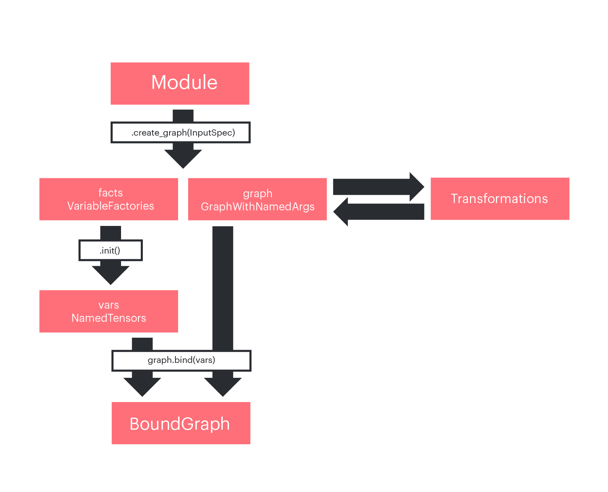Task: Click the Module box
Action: click(x=180, y=83)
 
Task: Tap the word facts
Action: click(x=110, y=193)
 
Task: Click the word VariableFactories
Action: click(x=110, y=206)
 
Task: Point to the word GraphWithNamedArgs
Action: click(x=257, y=207)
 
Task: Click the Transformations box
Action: click(x=500, y=199)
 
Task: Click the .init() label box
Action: click(x=110, y=250)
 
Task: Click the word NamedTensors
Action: click(x=109, y=318)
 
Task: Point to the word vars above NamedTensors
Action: click(x=109, y=305)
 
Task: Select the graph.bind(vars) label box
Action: click(x=181, y=361)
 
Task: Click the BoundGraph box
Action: click(x=181, y=423)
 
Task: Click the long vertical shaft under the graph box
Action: click(x=223, y=287)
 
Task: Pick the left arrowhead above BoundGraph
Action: click(x=142, y=386)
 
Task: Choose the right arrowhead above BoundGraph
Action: click(x=223, y=386)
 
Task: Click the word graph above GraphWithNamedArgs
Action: click(x=257, y=193)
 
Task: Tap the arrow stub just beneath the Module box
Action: click(x=183, y=116)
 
